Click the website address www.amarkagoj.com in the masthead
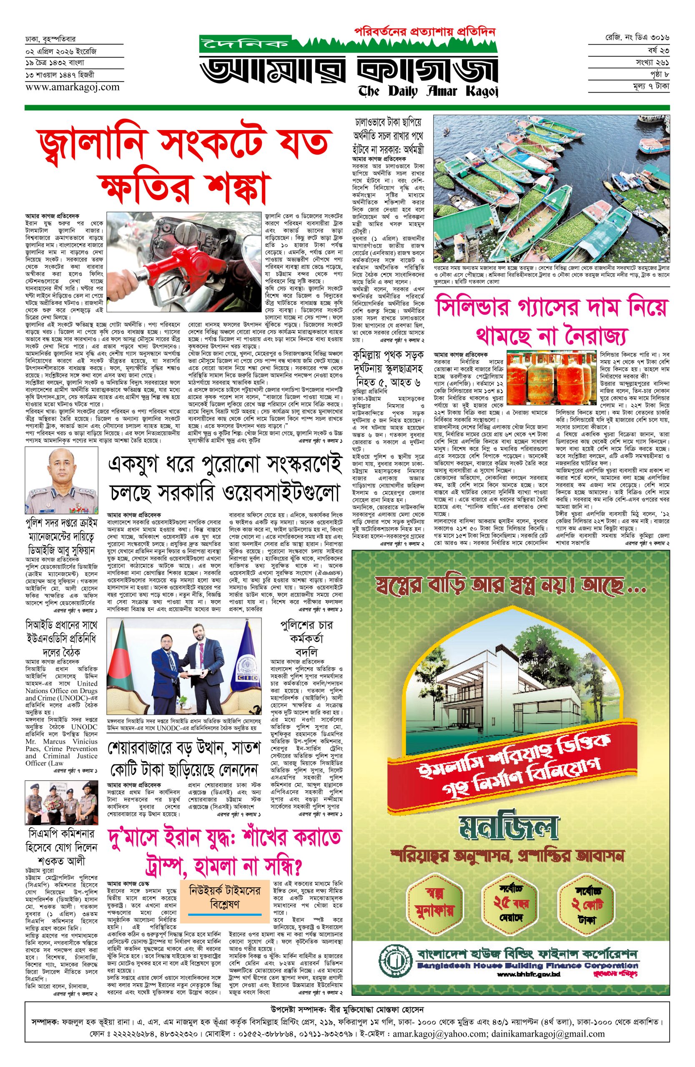coord(72,88)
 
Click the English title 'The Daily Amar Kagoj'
coord(428,91)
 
